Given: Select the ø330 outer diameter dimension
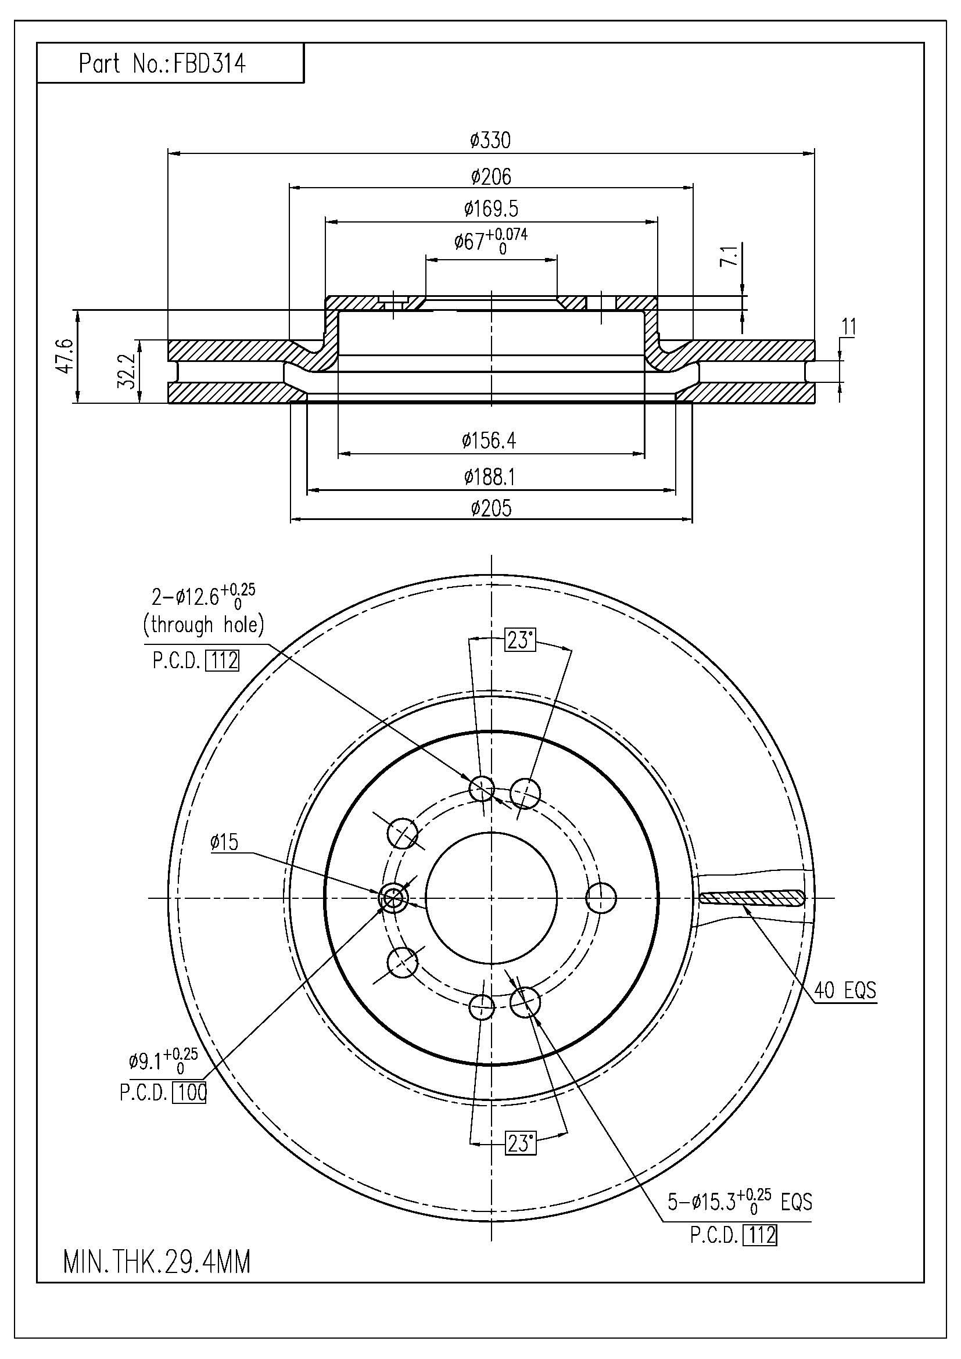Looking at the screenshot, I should click(x=490, y=141).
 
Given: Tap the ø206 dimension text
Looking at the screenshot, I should click(x=491, y=177).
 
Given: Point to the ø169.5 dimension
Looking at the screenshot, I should click(x=491, y=209).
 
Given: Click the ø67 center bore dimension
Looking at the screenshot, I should click(x=490, y=241).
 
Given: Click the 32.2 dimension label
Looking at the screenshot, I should click(x=126, y=372).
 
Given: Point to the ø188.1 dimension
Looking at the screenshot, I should click(x=489, y=476).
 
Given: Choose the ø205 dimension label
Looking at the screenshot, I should click(x=491, y=508).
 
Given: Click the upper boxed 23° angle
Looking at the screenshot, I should click(x=519, y=640).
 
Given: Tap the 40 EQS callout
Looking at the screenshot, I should click(x=845, y=989).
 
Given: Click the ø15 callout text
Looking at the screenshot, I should click(x=224, y=842).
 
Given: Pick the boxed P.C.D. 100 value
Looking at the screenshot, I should click(x=189, y=1092).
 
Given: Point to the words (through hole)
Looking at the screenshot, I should click(x=203, y=625).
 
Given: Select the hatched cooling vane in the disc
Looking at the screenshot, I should click(x=751, y=898).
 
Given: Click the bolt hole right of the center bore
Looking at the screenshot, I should click(x=601, y=898).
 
